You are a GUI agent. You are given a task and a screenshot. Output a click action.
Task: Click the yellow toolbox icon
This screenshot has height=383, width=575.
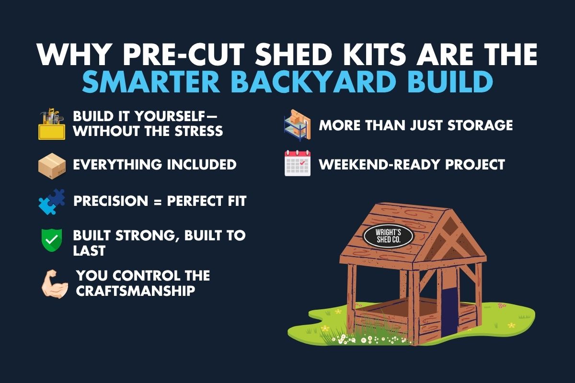click(x=51, y=124)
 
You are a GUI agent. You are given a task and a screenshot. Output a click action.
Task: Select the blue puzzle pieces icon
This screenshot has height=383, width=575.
click(x=51, y=202)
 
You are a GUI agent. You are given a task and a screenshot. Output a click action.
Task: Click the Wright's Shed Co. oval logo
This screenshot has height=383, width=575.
click(x=388, y=235)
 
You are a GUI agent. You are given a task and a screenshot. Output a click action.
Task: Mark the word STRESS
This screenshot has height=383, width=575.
click(x=197, y=131)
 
